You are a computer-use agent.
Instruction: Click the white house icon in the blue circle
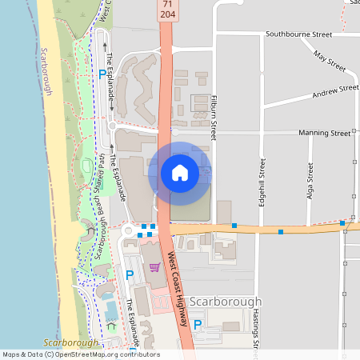coord(180,173)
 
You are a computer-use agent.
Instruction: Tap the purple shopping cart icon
coord(154,266)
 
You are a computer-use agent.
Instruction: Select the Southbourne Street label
coord(299,35)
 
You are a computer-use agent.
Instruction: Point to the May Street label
coord(329,62)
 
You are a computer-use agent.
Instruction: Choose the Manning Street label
coord(324,133)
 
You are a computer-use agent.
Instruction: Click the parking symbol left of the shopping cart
coord(130,274)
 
